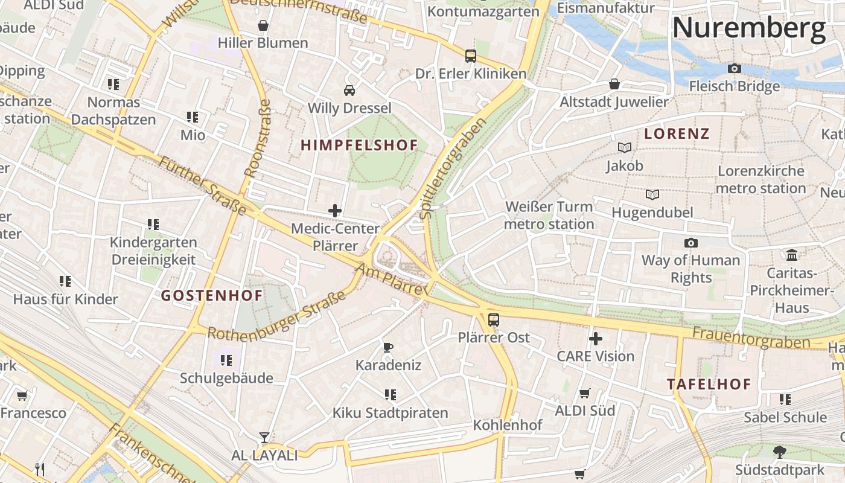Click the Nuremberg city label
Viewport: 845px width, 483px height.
pos(748,28)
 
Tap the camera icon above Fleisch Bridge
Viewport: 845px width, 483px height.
pos(735,69)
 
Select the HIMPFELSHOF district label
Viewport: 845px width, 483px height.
pos(359,145)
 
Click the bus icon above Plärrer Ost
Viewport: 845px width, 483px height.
pos(494,320)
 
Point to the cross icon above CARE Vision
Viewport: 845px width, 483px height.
pos(595,339)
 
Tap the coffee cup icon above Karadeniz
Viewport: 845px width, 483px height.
pos(388,347)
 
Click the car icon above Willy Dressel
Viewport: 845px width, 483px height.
pos(349,91)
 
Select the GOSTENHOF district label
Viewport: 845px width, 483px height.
pos(212,295)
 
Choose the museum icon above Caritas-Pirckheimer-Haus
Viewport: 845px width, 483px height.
pos(792,255)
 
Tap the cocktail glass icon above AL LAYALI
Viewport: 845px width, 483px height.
pos(264,437)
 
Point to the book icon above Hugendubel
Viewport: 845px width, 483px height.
pos(652,194)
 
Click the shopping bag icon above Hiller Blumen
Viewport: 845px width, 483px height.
pos(263,25)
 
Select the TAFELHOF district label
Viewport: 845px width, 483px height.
pos(709,384)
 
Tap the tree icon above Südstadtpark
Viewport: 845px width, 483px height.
pos(780,452)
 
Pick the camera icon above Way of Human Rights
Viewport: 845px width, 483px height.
pos(690,243)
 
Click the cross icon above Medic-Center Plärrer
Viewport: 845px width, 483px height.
pos(335,211)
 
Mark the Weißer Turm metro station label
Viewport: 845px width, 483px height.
pos(549,216)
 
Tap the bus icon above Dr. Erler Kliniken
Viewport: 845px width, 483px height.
pos(471,56)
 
